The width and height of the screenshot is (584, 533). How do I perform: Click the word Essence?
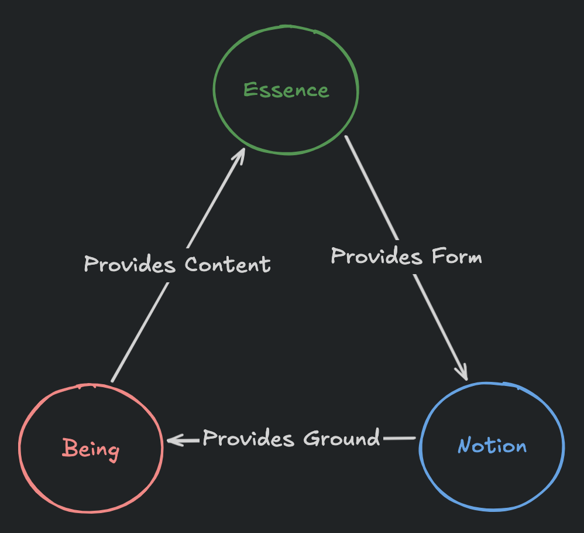pyautogui.click(x=286, y=90)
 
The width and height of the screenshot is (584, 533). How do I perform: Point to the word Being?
pyautogui.click(x=91, y=449)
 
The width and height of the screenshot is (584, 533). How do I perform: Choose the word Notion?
pyautogui.click(x=492, y=446)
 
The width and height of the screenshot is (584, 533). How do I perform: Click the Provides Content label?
pyautogui.click(x=177, y=264)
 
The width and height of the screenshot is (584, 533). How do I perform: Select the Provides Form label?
pyautogui.click(x=406, y=257)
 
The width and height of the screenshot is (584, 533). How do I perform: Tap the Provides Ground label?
pyautogui.click(x=291, y=438)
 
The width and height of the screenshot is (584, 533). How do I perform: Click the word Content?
pyautogui.click(x=228, y=264)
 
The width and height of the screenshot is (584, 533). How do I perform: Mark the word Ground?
pyautogui.click(x=342, y=438)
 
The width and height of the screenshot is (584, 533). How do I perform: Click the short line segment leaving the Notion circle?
pyautogui.click(x=399, y=438)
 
